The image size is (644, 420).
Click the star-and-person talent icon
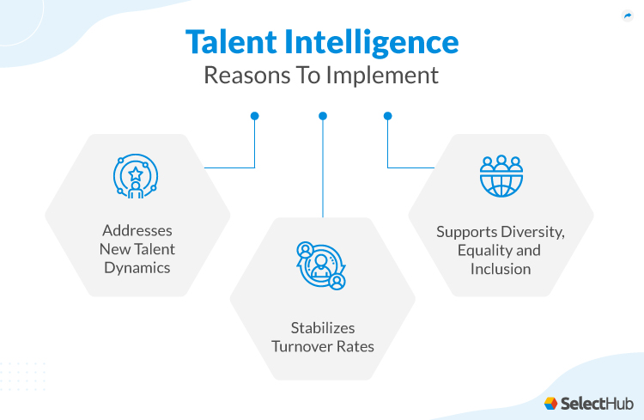(x=135, y=176)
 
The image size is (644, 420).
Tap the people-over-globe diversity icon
(x=501, y=176)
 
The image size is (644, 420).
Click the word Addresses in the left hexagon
(x=137, y=230)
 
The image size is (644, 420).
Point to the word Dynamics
(x=137, y=268)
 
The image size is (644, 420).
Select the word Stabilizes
(x=322, y=327)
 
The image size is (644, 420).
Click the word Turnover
(x=304, y=346)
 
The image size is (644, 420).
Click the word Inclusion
(x=501, y=269)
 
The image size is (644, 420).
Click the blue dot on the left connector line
(x=255, y=115)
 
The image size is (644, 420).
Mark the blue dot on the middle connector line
(x=323, y=115)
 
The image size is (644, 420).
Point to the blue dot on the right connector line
(x=388, y=115)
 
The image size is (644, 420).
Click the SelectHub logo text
(x=595, y=402)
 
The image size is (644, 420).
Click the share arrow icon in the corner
(x=627, y=15)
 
